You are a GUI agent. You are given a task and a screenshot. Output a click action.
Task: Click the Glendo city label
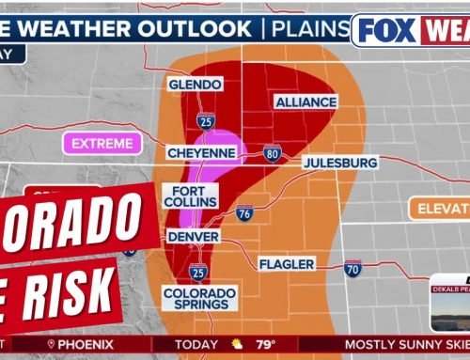click(x=195, y=85)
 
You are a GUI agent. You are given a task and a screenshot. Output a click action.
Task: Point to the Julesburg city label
click(x=340, y=163)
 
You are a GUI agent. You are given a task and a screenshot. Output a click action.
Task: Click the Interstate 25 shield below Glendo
click(x=205, y=119)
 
